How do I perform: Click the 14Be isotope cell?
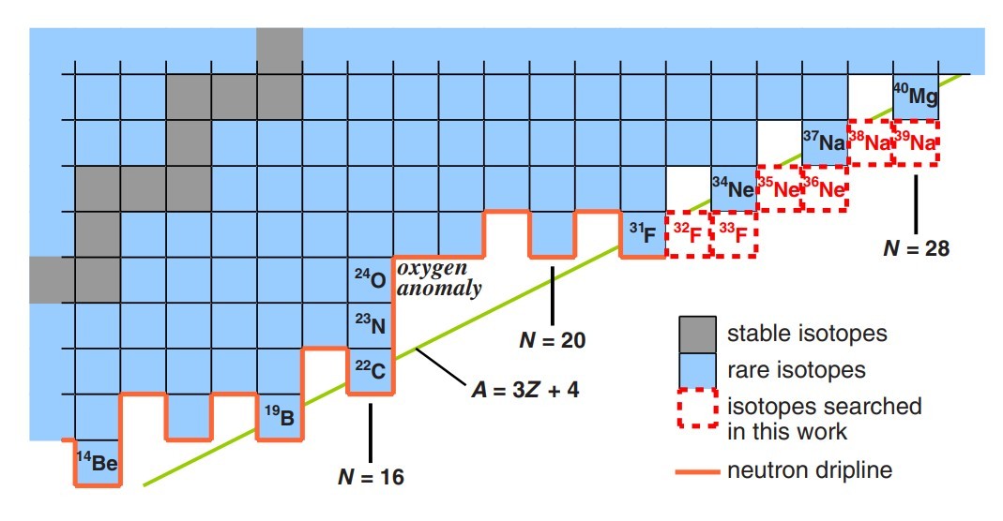click(98, 462)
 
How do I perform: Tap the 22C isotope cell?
click(371, 371)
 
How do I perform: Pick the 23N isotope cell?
click(371, 325)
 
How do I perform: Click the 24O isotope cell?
click(371, 280)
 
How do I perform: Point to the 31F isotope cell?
click(643, 234)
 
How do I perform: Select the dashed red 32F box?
click(688, 234)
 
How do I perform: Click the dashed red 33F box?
click(734, 234)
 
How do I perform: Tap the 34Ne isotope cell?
click(734, 188)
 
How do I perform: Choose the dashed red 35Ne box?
click(779, 188)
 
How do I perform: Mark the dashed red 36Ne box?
click(825, 188)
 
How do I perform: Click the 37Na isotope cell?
click(825, 143)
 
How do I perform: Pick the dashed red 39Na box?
click(916, 143)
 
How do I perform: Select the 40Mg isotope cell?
click(916, 97)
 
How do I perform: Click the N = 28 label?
click(917, 249)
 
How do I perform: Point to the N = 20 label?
click(553, 340)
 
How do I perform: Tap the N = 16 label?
click(371, 477)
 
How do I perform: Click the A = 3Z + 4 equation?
click(524, 389)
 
